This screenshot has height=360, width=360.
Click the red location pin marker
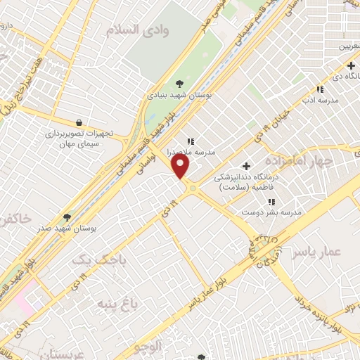181,166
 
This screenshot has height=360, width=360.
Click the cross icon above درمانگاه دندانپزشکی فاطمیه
245,166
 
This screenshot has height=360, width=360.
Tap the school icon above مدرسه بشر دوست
271,202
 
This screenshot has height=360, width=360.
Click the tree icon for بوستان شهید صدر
67,218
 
